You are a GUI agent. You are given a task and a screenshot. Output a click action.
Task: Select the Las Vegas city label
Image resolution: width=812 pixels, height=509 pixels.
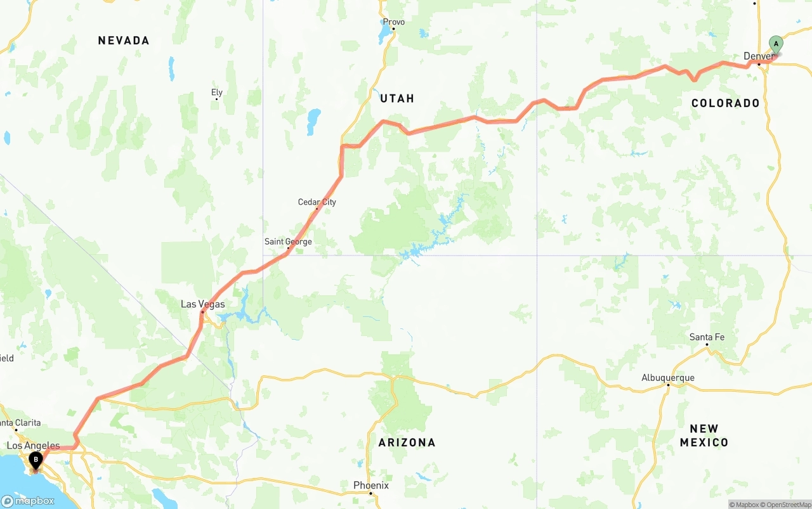coord(202,304)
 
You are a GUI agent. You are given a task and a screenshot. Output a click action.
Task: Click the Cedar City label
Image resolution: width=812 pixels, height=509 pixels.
coord(317,202)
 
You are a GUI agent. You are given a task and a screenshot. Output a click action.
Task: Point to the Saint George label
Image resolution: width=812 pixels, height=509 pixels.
coord(288,242)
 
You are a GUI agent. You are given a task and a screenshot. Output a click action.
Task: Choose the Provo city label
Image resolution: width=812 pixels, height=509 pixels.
coord(393,22)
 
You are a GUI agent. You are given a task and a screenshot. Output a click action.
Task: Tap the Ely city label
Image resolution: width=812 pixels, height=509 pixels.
coord(217,93)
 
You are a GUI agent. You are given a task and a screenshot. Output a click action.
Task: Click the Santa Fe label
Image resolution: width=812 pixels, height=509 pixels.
coord(707,337)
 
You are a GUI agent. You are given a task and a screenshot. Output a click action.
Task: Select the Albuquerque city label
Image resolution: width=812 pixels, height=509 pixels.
coord(667,378)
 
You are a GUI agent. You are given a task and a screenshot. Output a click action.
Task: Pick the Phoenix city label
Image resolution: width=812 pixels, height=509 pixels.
coord(371,486)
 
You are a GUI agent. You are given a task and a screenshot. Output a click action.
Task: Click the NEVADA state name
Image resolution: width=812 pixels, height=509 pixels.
coord(124,41)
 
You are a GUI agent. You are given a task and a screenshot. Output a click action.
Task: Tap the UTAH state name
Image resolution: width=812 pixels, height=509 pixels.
coord(397,98)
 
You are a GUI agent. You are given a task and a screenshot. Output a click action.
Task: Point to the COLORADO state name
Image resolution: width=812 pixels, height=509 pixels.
coord(725,103)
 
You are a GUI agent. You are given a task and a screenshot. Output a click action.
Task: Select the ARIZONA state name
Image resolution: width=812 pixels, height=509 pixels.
coord(407,442)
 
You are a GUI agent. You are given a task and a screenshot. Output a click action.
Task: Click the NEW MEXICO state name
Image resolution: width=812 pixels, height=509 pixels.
coord(704,435)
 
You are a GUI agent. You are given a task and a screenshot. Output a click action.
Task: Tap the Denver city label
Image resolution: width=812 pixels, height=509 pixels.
coord(759,56)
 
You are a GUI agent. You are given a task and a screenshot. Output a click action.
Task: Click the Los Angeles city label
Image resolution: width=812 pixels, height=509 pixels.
coord(33,446)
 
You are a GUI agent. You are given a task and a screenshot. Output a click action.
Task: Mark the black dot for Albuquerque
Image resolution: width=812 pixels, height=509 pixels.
coord(667,385)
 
